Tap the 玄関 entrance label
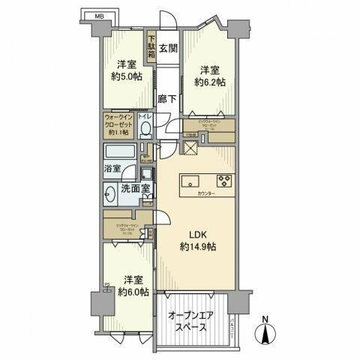pos(168,49)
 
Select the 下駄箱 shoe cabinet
pos(151,49)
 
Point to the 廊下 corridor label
pos(168,97)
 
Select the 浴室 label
pos(112,169)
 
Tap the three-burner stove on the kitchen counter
pos(223,181)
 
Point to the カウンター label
pos(206,194)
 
